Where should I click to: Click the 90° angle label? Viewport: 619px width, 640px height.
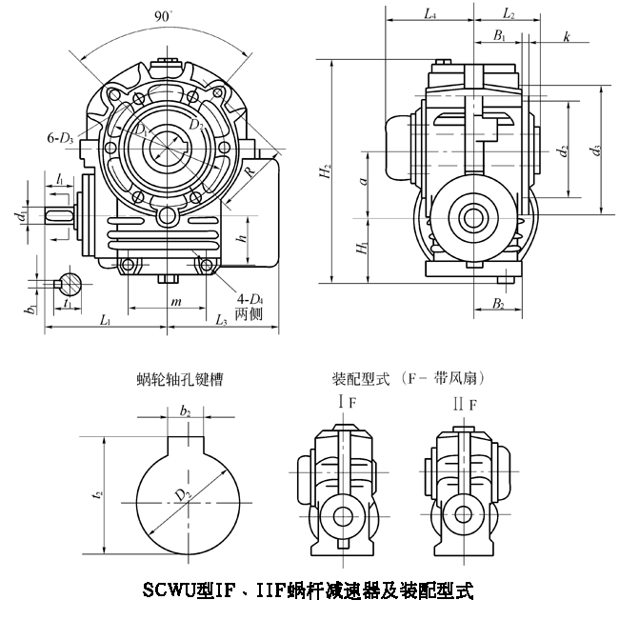tap(167, 16)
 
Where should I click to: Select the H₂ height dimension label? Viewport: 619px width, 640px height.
tap(327, 171)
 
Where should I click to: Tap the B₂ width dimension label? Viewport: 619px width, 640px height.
tap(497, 304)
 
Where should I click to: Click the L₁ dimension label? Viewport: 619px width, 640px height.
tap(107, 320)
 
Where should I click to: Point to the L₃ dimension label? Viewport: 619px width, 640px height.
tap(222, 320)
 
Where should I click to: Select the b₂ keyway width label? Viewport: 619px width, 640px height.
tap(186, 410)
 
